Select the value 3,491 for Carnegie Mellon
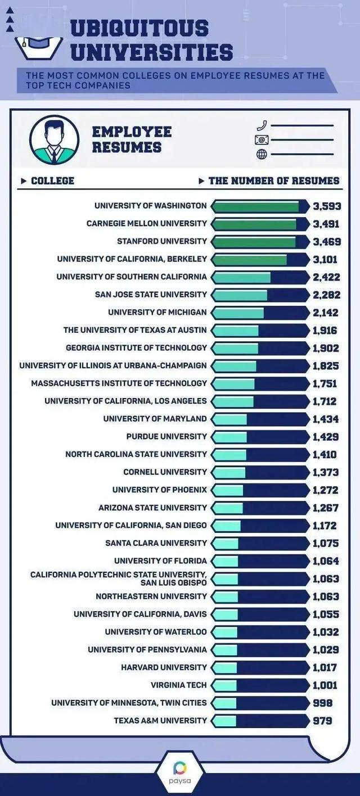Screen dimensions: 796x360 [x=326, y=224]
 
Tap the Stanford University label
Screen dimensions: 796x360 [x=162, y=241]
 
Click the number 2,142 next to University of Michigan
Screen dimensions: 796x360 [x=326, y=313]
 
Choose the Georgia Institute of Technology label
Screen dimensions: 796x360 [x=136, y=348]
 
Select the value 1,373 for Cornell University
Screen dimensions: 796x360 [x=326, y=472]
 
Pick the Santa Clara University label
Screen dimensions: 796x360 [x=156, y=543]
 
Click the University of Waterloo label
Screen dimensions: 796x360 [x=156, y=632]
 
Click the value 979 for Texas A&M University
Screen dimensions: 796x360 [x=323, y=721]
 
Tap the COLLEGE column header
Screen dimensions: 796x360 [x=52, y=180]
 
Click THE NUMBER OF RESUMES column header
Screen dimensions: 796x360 [x=273, y=180]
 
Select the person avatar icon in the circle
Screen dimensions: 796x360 [x=54, y=140]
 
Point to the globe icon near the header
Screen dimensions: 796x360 [x=262, y=154]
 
